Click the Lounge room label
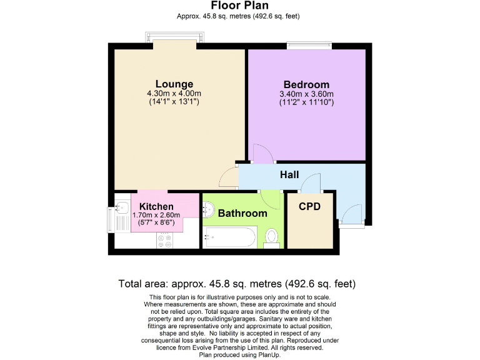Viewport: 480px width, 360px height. point(174,84)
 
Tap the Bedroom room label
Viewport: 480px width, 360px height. point(306,85)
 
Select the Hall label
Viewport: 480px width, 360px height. point(289,175)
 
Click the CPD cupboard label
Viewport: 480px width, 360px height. point(310,207)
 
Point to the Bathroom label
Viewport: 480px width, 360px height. point(242,213)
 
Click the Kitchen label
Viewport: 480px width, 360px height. point(156,207)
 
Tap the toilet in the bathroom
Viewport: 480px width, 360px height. point(272,237)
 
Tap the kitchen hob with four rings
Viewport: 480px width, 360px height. point(166,241)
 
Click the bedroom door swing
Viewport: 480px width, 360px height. point(261,154)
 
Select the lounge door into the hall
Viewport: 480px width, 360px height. point(229,179)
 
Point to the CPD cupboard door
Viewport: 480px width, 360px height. point(310,182)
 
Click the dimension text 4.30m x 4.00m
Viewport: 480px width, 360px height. point(174,94)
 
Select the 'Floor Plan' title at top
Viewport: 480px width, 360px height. point(240,6)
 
